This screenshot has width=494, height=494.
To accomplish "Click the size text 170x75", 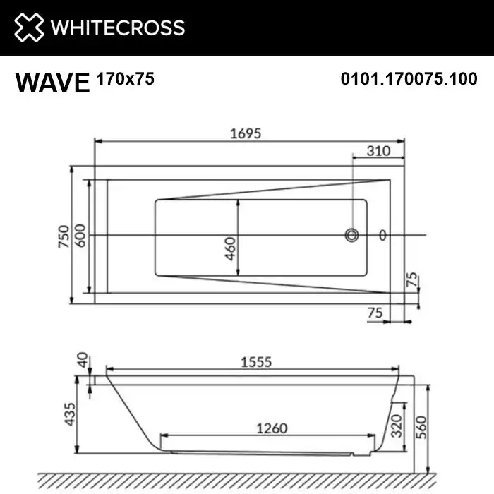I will (124, 79).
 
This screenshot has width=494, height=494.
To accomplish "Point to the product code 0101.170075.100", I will (409, 80).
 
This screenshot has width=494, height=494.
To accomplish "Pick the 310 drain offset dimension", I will (379, 150).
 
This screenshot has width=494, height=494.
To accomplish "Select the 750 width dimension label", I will (63, 236).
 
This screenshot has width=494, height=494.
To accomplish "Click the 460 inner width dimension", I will (231, 248).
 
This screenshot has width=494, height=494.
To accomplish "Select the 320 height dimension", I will (397, 426).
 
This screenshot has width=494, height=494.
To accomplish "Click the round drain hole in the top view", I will (351, 235).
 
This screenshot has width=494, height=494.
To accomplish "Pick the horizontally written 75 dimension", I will (375, 311).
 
